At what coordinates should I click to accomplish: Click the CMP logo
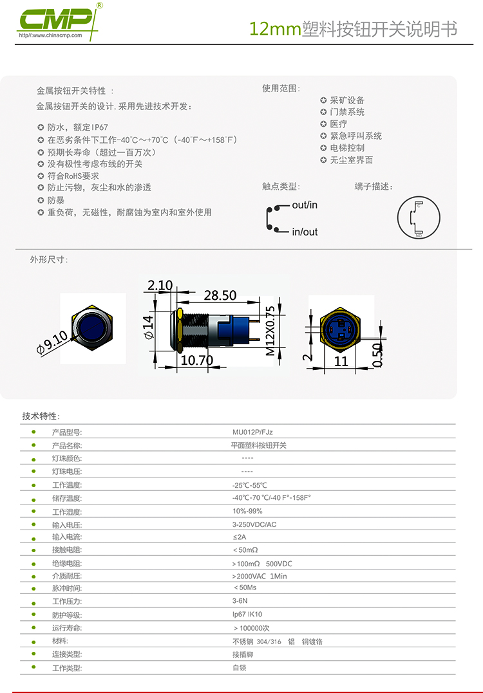tap(59, 20)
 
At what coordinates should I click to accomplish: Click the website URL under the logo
tap(51, 35)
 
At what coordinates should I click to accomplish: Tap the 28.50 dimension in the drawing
tap(220, 295)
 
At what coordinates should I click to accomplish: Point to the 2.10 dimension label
tap(160, 286)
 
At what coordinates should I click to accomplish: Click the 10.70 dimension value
tap(197, 360)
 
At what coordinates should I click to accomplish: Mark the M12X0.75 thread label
tap(270, 331)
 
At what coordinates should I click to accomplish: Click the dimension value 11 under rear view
tap(341, 362)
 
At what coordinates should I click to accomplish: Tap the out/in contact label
tap(305, 205)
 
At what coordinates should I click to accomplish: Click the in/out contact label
tap(305, 232)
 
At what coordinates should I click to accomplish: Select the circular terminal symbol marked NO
tap(419, 218)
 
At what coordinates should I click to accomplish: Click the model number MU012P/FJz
tap(252, 432)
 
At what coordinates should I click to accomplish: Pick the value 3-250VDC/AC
tap(254, 524)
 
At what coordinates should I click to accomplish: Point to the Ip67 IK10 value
tap(247, 614)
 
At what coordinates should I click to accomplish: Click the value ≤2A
tap(240, 537)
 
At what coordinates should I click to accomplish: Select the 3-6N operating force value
tap(240, 601)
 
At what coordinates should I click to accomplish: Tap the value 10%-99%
tap(247, 512)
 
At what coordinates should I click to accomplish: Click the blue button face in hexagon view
tap(92, 328)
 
